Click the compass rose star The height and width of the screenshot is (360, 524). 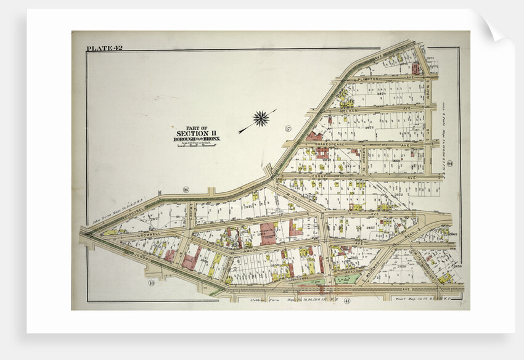pyautogui.click(x=261, y=118)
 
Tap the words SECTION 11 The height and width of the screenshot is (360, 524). pyautogui.click(x=196, y=133)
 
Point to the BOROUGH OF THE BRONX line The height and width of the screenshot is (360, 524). pyautogui.click(x=197, y=139)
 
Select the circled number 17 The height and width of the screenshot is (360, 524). pyautogui.click(x=287, y=128)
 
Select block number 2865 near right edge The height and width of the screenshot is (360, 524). pyautogui.click(x=452, y=235)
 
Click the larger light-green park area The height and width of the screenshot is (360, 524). pyautogui.click(x=343, y=279)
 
